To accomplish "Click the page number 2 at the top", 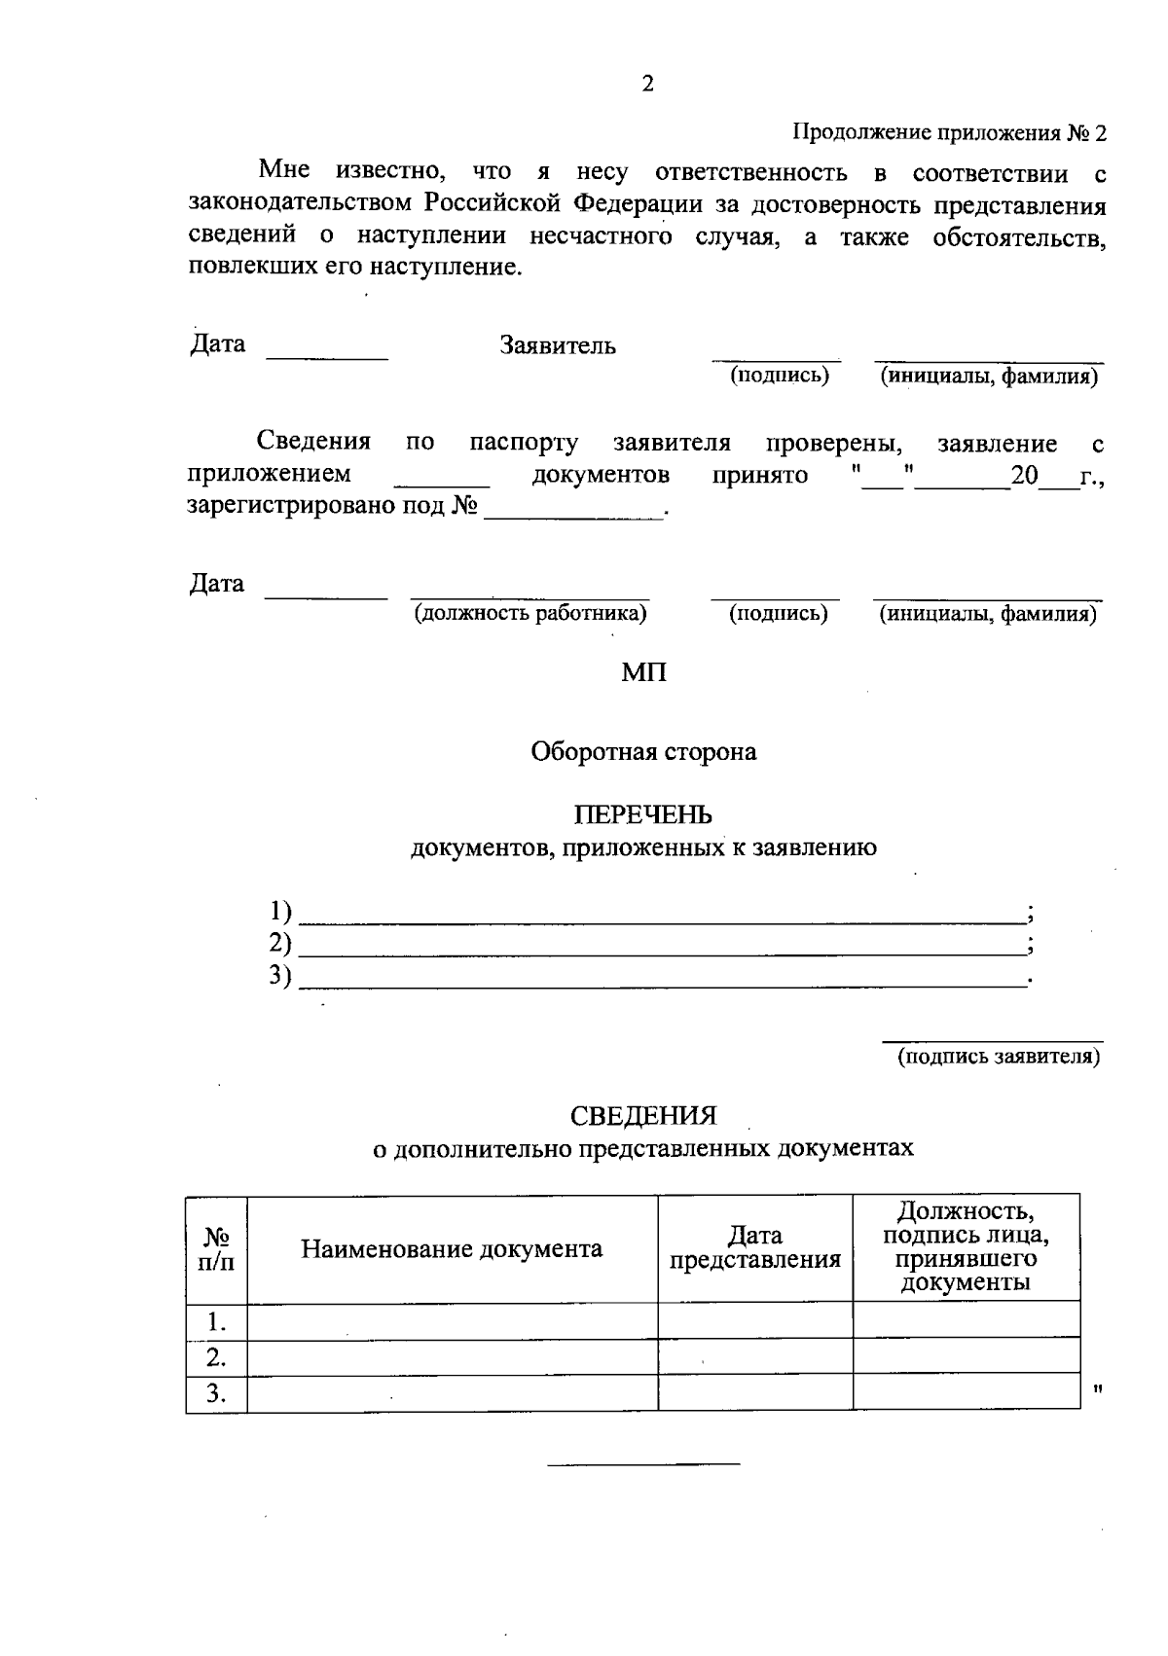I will click(x=648, y=85).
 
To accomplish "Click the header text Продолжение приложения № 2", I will click(x=949, y=133).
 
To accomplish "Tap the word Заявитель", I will click(x=558, y=346).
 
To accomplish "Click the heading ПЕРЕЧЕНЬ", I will click(x=643, y=814).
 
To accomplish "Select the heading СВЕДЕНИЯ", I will click(x=643, y=1115).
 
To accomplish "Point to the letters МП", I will click(x=644, y=672).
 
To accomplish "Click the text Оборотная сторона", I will click(x=643, y=752).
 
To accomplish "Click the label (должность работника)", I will click(x=530, y=614).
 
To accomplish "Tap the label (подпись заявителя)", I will click(x=999, y=1057).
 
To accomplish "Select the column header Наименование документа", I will click(x=452, y=1249).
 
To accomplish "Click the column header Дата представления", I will click(x=755, y=1248).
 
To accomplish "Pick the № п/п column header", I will click(x=216, y=1249).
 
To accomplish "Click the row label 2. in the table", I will click(x=216, y=1357).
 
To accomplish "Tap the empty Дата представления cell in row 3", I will click(x=755, y=1393).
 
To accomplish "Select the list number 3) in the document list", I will click(x=280, y=976).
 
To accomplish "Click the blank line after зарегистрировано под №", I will click(x=574, y=512).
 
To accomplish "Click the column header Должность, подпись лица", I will click(x=966, y=1247).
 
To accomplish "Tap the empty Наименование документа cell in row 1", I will click(x=452, y=1321).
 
